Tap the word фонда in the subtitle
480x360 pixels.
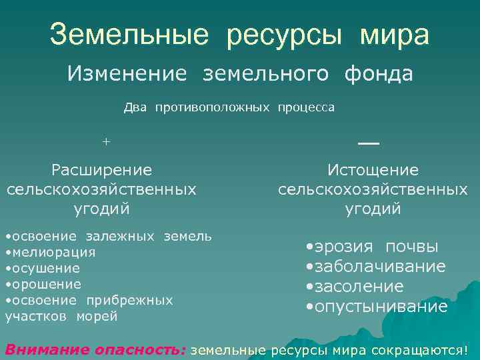click(379, 74)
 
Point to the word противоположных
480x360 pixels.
click(213, 107)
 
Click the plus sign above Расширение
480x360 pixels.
click(105, 141)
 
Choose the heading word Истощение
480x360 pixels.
click(373, 170)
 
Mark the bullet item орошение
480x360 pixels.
click(45, 284)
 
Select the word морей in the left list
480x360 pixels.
click(97, 316)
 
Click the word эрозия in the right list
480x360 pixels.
click(344, 247)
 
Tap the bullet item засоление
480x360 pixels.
click(358, 287)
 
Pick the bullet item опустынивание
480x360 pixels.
click(379, 307)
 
